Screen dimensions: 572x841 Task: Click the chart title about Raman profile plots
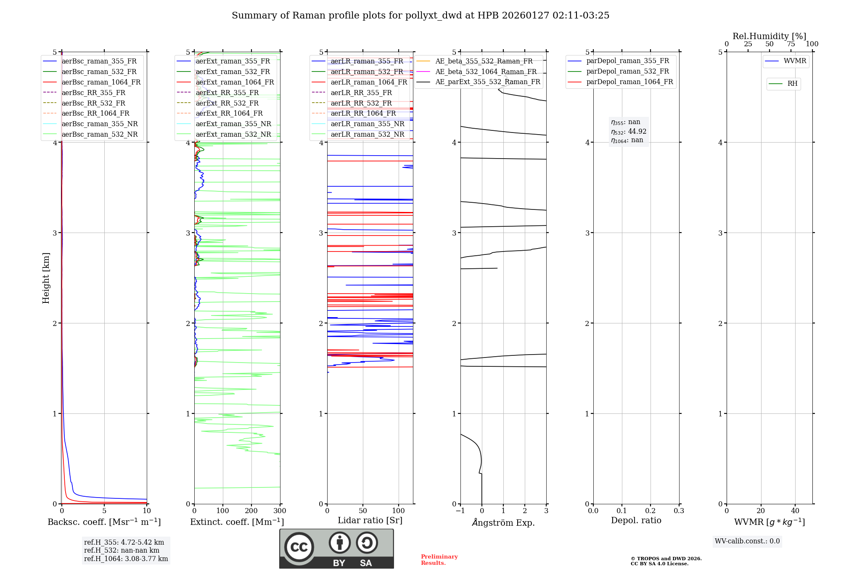420,16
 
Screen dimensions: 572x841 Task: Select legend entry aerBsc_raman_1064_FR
101,82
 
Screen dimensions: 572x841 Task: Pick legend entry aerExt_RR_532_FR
227,103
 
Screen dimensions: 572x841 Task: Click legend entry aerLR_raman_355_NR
367,124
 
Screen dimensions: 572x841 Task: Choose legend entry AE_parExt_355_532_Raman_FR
487,82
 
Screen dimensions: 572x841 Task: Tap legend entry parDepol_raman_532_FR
627,71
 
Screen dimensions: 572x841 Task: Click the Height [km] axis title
46,278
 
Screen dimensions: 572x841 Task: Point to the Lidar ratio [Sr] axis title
370,520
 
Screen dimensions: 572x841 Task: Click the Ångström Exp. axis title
503,522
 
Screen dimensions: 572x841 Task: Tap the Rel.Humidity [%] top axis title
769,36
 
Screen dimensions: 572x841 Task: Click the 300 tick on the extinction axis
280,511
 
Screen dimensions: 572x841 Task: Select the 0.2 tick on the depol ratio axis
650,511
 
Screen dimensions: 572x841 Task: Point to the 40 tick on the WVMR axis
795,511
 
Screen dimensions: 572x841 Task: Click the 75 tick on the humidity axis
791,44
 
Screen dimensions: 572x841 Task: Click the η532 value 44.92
637,131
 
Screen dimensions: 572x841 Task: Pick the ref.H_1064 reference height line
126,559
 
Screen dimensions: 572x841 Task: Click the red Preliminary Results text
439,560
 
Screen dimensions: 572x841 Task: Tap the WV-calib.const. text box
747,541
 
